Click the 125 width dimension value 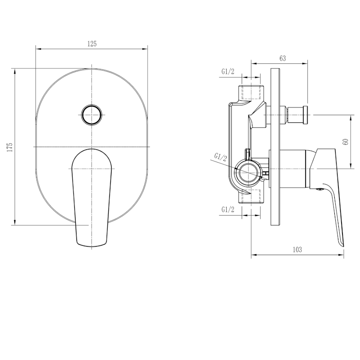pos(92,44)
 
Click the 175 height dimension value pos(10,147)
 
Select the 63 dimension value pos(283,58)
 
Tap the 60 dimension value pos(346,142)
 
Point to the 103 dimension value pos(297,250)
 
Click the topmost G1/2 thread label pos(228,72)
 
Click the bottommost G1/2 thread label pos(228,209)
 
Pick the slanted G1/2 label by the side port pos(220,157)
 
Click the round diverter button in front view pos(92,115)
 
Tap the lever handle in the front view pos(92,198)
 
